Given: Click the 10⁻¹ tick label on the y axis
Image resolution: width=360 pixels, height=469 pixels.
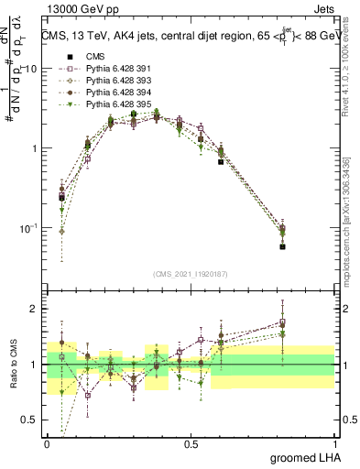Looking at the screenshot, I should (x=29, y=228).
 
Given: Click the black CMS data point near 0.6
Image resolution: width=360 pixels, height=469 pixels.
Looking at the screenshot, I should (x=221, y=161).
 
